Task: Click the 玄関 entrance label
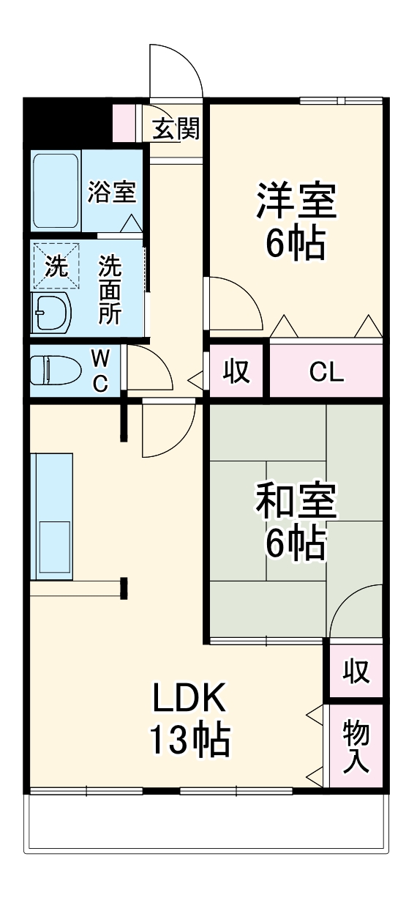pos(176,129)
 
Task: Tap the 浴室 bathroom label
pos(111,192)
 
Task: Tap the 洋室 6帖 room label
pos(296,222)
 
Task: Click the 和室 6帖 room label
pos(296,521)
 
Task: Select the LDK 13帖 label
pos(190,719)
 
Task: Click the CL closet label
pos(326,372)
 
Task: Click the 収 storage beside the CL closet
pos(236,372)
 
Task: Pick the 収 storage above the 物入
pos(356,671)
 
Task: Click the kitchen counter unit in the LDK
pos(51,516)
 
